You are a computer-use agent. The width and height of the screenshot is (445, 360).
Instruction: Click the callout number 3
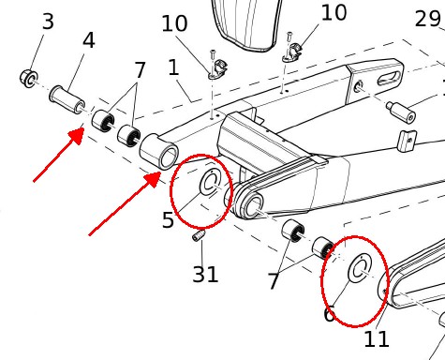tap(48, 22)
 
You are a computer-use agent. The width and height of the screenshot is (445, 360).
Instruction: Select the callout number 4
tap(89, 40)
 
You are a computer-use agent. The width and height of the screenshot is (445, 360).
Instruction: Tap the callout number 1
tap(173, 67)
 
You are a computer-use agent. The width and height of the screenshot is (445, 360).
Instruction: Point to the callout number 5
tap(168, 220)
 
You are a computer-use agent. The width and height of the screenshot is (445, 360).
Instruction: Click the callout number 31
tap(205, 275)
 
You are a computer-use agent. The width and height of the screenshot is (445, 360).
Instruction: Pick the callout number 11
tap(377, 339)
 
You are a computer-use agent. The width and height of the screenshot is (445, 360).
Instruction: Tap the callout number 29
tap(428, 19)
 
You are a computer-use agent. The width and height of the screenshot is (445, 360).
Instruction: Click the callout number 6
tap(330, 314)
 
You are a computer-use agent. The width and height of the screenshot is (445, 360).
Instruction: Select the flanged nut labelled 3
tap(29, 79)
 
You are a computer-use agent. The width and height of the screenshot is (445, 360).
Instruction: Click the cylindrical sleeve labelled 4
tap(67, 99)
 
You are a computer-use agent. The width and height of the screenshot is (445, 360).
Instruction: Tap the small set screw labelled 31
tap(199, 235)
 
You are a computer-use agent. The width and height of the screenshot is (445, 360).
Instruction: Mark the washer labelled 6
tap(360, 268)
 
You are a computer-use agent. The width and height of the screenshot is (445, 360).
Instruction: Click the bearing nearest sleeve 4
tap(103, 121)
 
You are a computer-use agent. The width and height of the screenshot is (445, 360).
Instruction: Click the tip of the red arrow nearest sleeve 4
tap(83, 128)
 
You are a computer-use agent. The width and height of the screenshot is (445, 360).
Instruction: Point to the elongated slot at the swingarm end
tap(389, 78)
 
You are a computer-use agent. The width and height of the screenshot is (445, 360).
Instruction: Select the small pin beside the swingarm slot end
tap(401, 112)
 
